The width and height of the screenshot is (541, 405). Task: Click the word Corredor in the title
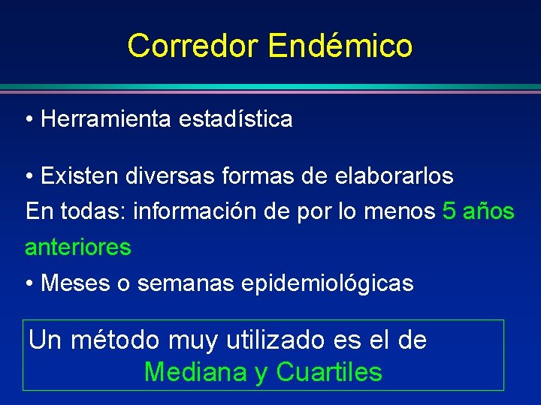click(193, 46)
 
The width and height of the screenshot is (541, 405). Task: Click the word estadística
click(236, 118)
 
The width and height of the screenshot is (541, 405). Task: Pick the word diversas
click(161, 175)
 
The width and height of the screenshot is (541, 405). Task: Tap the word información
click(199, 211)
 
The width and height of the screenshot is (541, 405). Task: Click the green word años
click(489, 211)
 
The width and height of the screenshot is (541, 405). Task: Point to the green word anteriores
click(78, 247)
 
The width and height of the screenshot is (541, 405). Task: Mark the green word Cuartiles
click(329, 372)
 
